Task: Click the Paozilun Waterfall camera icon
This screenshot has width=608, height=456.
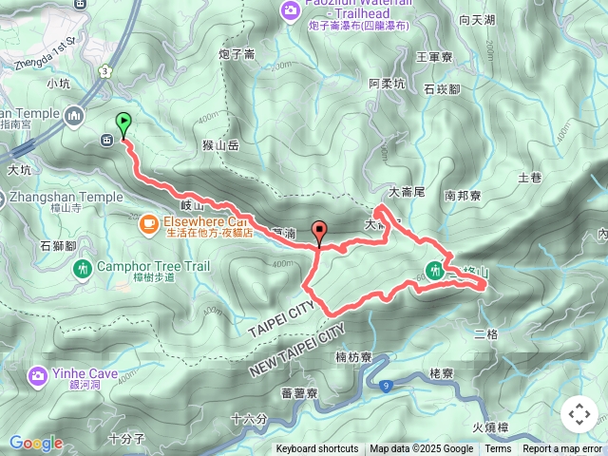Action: [x=291, y=10]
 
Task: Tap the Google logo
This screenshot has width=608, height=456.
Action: [x=36, y=443]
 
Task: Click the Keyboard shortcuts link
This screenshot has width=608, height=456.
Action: [x=317, y=449]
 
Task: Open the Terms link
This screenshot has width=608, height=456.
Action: [x=498, y=449]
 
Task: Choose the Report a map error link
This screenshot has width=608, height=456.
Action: [x=562, y=449]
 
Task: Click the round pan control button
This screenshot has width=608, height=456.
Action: [x=579, y=414]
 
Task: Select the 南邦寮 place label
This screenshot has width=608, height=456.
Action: [x=464, y=196]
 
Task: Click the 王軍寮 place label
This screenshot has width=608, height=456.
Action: [x=434, y=58]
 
